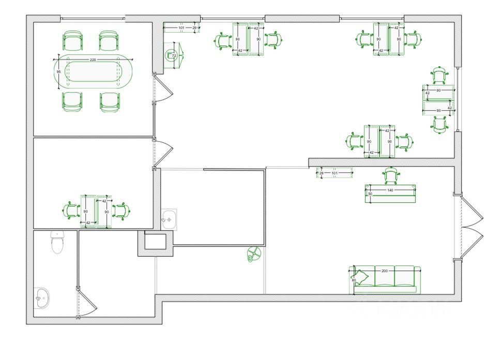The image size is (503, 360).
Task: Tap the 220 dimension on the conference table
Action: (x=93, y=60)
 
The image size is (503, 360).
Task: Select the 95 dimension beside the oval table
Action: (x=58, y=71)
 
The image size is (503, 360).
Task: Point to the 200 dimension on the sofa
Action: (x=385, y=271)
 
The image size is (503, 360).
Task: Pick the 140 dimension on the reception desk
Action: (x=390, y=190)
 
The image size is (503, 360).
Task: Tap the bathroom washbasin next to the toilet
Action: (x=41, y=296)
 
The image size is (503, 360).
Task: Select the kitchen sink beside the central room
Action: (x=169, y=219)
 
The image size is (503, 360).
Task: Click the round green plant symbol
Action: (x=254, y=254)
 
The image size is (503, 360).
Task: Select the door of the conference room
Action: (x=164, y=89)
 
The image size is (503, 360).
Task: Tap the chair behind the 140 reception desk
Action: (x=390, y=175)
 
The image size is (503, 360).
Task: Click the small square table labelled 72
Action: (x=173, y=55)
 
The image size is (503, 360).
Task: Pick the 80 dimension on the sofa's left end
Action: (x=354, y=280)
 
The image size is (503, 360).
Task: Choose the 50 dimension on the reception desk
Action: (x=370, y=193)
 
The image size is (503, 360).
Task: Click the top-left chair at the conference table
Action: (x=72, y=40)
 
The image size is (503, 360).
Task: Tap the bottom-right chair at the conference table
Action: (x=110, y=102)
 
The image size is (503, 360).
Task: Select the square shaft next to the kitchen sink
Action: (x=154, y=242)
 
